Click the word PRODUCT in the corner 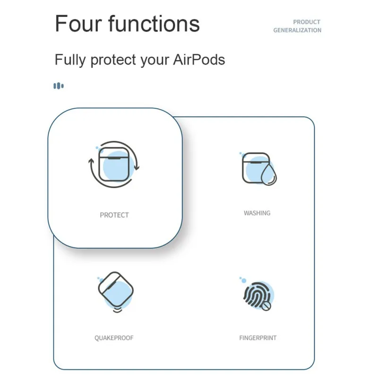[307, 22]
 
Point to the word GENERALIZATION [297, 30]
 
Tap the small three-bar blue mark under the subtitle [59, 86]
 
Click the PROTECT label [114, 215]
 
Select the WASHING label [257, 213]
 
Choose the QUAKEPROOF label [114, 338]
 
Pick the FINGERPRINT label [258, 338]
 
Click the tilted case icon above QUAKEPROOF [115, 289]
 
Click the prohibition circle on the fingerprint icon [266, 306]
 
